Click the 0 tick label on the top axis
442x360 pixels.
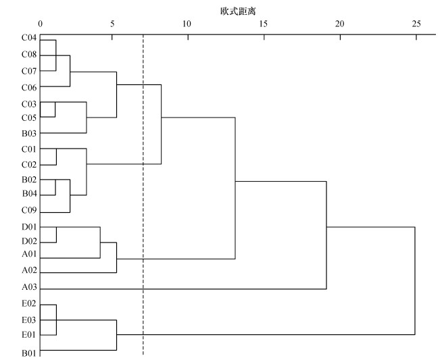click(41, 25)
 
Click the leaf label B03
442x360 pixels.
click(28, 133)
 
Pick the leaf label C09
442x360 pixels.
click(28, 211)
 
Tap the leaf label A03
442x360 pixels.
click(28, 288)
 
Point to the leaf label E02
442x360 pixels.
click(28, 304)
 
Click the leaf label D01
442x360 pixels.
click(28, 227)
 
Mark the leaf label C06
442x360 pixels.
click(28, 87)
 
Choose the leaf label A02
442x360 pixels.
click(28, 271)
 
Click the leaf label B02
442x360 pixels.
click(28, 180)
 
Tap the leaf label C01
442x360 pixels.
click(28, 149)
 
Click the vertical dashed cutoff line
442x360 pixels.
click(143, 203)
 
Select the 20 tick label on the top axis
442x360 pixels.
click(339, 25)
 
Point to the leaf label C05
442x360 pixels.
click(28, 118)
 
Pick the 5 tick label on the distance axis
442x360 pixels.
click(112, 25)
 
